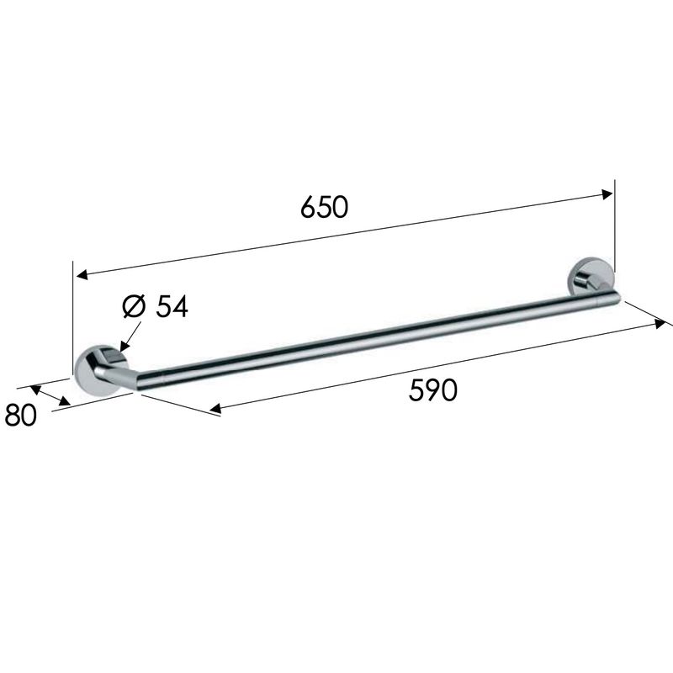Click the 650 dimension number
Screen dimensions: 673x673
coord(324,207)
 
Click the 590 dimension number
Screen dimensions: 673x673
coord(432,390)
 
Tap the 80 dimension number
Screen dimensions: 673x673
coord(20,415)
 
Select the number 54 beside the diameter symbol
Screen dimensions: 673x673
coord(172,307)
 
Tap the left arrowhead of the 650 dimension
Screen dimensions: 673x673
coord(82,275)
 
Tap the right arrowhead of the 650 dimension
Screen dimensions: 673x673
coord(607,194)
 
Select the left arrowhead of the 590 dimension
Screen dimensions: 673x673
coord(215,409)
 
